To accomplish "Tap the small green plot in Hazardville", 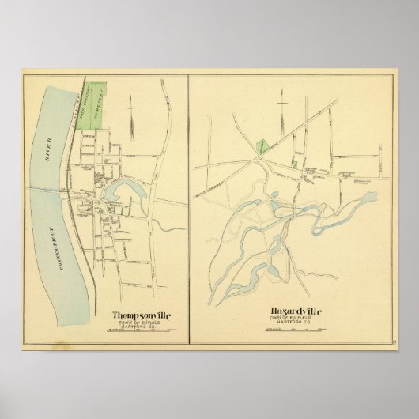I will click(x=293, y=164).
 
